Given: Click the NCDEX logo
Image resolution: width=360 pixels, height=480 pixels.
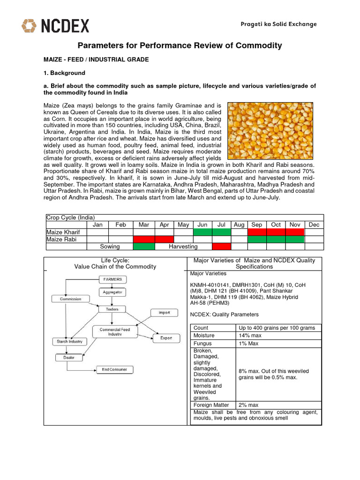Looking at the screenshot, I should coord(55,25).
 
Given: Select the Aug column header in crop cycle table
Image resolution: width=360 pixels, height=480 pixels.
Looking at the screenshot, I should coord(239,225).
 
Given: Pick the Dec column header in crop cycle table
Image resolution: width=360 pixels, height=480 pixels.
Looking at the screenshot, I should coord(313,225).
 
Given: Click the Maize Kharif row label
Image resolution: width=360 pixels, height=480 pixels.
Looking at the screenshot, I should coord(63,232).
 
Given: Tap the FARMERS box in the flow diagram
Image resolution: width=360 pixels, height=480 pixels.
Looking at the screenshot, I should coord(112,279).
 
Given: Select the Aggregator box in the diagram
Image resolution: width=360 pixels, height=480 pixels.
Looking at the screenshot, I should coord(112,292).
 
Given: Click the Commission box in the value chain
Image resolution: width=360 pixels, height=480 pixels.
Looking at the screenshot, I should coord(70,299).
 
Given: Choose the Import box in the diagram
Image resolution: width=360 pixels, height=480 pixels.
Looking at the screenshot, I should coord(164,313).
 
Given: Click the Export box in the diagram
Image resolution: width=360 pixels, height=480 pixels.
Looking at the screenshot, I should coord(166,338).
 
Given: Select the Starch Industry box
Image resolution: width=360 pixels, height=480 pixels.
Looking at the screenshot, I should coord(69,342).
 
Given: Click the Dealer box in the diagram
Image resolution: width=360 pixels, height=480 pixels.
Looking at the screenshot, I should coord(68,357).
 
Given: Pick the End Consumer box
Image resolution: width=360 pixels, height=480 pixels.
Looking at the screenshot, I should coord(114,369).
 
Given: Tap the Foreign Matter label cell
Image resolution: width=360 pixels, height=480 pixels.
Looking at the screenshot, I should coord(211,405).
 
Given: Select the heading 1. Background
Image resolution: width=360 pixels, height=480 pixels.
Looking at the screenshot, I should coord(64,73).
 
